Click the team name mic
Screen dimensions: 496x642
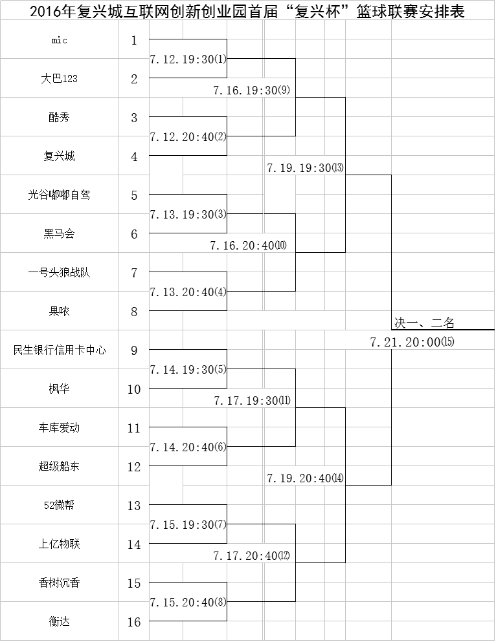[60, 40]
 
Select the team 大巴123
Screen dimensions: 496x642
[60, 79]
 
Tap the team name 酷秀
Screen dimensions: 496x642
[60, 118]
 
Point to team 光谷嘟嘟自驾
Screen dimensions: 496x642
[60, 195]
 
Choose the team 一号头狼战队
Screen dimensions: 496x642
[60, 273]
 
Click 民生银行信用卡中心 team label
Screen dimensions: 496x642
[60, 350]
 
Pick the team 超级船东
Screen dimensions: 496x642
[60, 466]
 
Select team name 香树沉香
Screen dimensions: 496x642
[60, 583]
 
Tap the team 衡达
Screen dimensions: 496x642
[60, 621]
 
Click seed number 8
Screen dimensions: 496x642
[134, 312]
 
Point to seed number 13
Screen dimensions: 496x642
[134, 506]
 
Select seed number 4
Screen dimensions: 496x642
[134, 157]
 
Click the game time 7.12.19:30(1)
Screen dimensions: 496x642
[188, 59]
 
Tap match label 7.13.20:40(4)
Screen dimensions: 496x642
[188, 292]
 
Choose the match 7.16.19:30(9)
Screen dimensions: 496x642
[252, 90]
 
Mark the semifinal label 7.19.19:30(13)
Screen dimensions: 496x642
[306, 168]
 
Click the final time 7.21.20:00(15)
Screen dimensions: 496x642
[412, 342]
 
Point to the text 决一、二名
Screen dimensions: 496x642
[425, 323]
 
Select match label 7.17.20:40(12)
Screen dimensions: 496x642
[252, 555]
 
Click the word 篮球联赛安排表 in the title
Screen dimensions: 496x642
[411, 12]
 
